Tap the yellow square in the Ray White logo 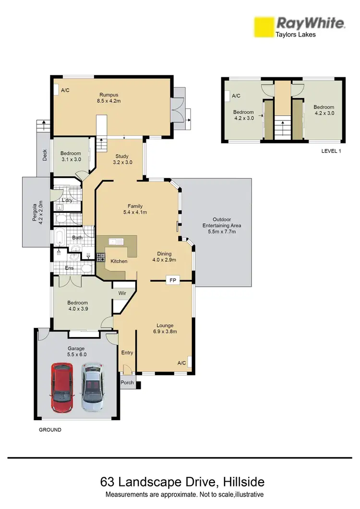click(263, 27)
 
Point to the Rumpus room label click(108, 98)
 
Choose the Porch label click(127, 383)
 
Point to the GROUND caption click(50, 430)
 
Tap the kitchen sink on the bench click(116, 241)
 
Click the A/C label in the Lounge click(181, 363)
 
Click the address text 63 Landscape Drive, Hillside click(182, 481)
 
